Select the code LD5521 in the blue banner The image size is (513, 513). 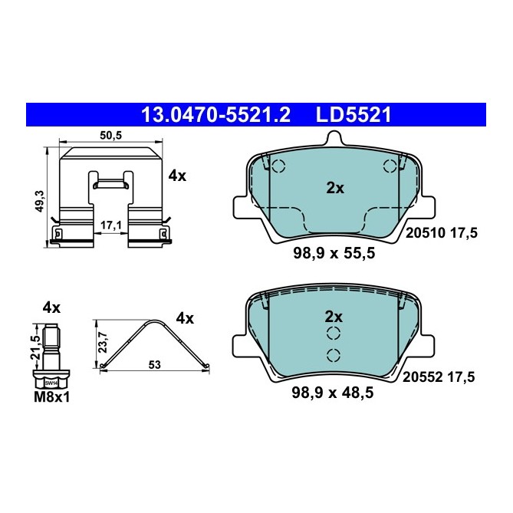pos(354,115)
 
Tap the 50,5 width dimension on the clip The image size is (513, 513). pos(111,135)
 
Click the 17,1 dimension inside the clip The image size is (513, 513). pos(112,225)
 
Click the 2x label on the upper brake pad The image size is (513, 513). pos(334,189)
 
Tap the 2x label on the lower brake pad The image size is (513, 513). pos(334,316)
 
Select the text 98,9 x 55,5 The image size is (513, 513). pos(334,255)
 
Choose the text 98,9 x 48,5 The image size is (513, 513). pos(334,395)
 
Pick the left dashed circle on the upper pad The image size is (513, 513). pos(278,166)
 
